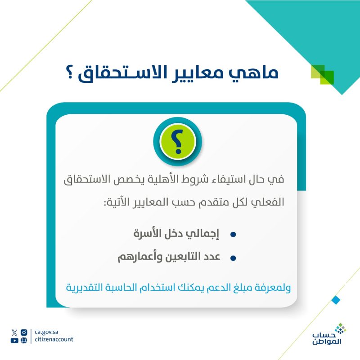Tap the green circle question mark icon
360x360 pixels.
click(177, 141)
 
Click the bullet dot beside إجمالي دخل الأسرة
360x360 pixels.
click(233, 234)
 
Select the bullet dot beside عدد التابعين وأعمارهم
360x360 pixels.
click(233, 258)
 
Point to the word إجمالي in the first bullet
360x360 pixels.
click(202, 234)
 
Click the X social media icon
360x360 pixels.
click(14, 333)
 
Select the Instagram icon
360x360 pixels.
click(24, 333)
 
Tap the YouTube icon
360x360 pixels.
click(14, 340)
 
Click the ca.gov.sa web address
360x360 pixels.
click(46, 332)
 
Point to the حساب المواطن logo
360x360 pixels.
click(329, 334)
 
